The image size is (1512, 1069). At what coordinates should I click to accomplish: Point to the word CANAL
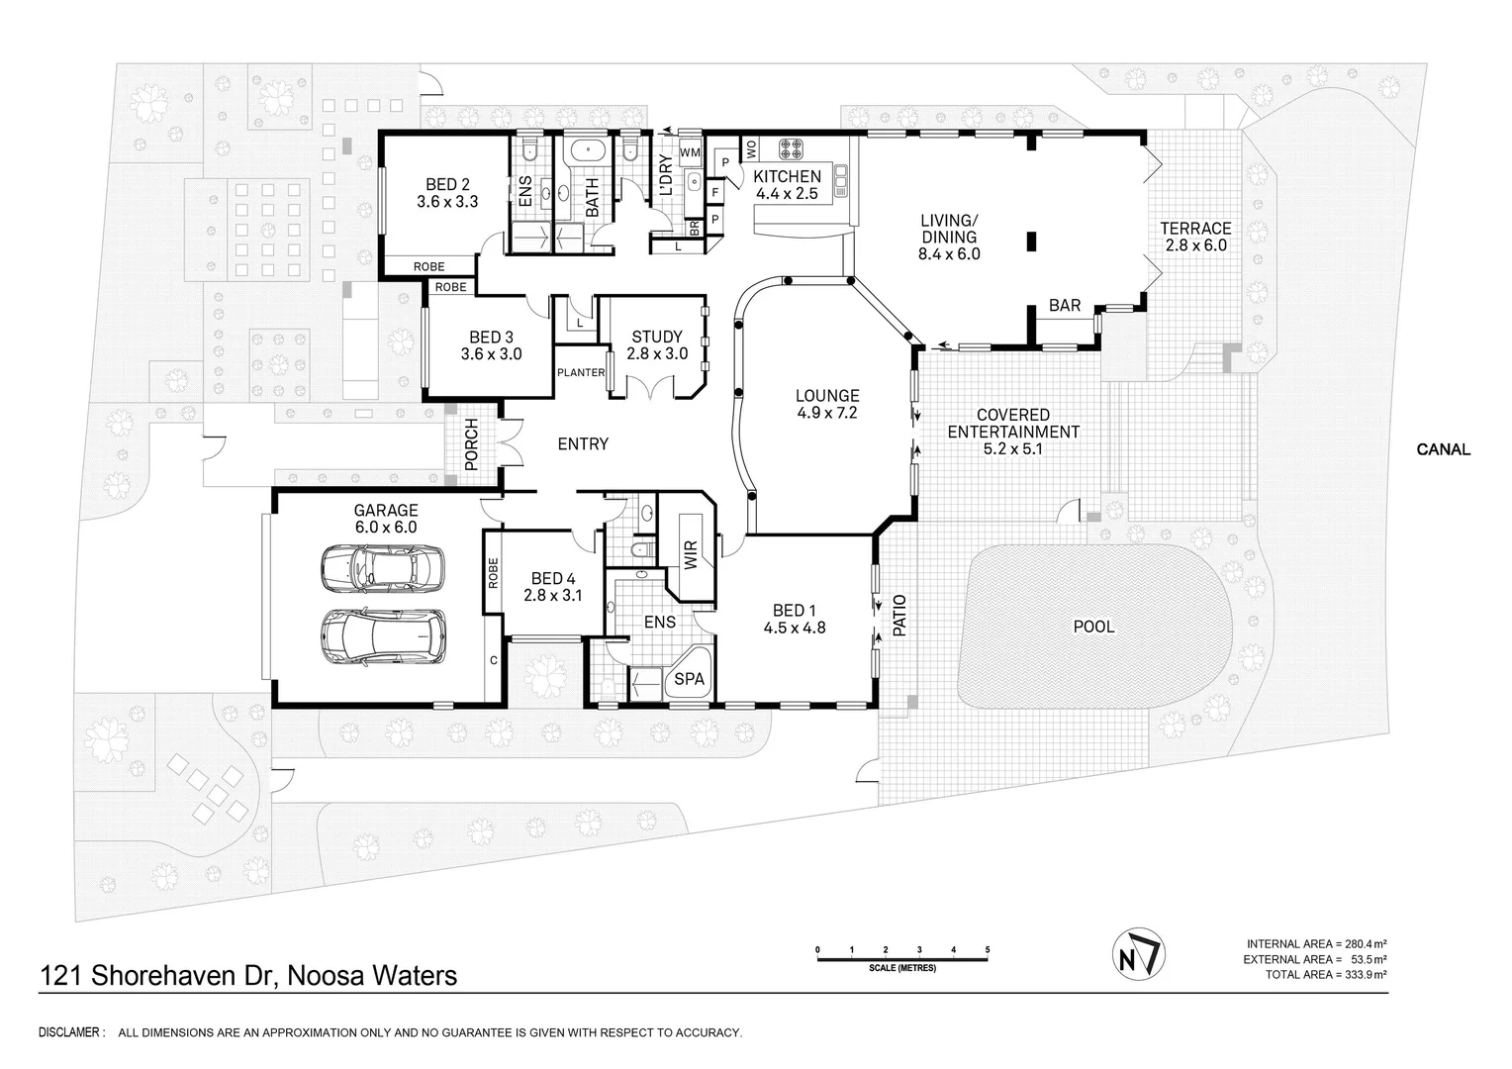[1443, 449]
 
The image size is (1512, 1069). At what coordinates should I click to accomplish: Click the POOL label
[1093, 627]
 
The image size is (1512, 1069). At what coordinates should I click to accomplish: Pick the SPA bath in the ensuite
[689, 679]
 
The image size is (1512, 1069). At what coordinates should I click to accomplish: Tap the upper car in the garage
[382, 569]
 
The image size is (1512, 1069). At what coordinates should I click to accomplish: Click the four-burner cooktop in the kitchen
[791, 149]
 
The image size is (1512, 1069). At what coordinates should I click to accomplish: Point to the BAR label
[1065, 306]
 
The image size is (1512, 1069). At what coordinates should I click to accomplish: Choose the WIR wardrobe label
[690, 553]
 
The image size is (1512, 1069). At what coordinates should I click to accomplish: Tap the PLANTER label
[581, 373]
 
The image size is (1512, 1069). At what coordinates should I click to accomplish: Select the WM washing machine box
[690, 151]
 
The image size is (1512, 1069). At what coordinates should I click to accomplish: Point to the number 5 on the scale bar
[988, 950]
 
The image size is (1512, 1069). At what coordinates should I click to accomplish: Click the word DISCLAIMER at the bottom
[70, 1033]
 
